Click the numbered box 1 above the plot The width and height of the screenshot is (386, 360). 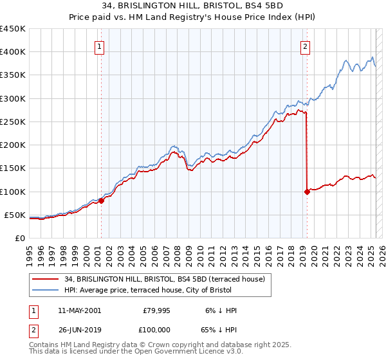[100, 46]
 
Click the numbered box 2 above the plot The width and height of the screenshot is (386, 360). [304, 46]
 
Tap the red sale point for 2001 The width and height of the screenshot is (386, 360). [102, 201]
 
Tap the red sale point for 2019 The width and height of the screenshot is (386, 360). [306, 192]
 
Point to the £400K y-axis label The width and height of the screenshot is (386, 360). [12, 52]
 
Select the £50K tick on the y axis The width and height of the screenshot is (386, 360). [15, 215]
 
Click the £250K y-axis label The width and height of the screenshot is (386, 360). [12, 122]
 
